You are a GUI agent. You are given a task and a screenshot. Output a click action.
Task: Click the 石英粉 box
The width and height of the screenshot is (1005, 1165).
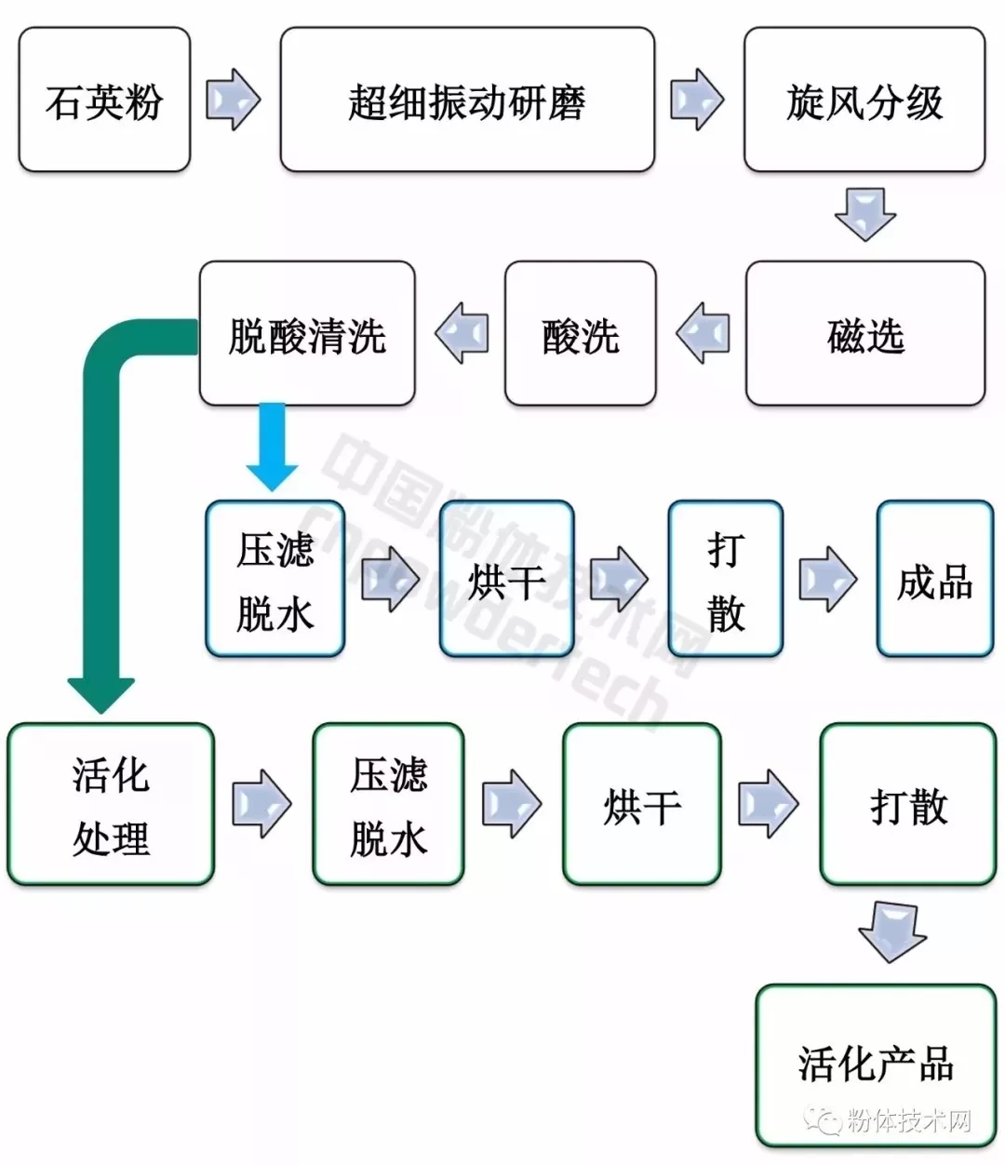coord(104,100)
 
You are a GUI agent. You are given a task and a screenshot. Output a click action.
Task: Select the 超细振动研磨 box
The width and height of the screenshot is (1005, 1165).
coord(467,100)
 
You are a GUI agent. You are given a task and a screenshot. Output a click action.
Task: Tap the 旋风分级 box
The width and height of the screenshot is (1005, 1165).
coord(864,100)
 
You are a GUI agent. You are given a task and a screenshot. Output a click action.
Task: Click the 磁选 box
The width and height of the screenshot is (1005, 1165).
coord(864,334)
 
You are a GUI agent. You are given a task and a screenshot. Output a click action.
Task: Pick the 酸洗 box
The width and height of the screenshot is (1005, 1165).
coord(580,334)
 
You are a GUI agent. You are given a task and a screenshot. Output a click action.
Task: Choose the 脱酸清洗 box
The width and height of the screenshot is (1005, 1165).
coord(307,334)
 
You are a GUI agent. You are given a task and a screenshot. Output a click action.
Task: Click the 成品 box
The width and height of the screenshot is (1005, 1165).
coord(934,579)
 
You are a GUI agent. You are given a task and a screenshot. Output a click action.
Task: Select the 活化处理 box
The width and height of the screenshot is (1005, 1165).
coord(111,804)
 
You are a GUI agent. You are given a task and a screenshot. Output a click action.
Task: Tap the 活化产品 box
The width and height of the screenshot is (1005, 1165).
coord(875,1064)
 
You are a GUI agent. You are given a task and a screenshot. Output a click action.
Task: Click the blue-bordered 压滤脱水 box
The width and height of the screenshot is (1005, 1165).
coord(275,579)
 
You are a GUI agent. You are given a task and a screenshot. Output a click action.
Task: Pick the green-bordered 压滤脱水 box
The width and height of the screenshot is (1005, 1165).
coord(388,804)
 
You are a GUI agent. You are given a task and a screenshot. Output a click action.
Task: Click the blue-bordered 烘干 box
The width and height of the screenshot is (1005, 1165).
coord(506,579)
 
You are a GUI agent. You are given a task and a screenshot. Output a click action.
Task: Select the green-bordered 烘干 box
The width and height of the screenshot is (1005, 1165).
coord(641,804)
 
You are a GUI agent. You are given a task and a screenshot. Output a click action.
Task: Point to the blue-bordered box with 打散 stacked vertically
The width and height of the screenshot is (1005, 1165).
coord(726,579)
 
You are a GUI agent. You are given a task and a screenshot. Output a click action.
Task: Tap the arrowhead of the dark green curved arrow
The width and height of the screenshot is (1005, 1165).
coord(101,693)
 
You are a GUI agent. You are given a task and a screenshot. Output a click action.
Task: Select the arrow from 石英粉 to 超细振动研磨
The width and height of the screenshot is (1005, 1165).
coord(233,100)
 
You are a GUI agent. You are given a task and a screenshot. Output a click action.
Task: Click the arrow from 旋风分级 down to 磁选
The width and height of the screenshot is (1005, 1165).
coord(864,215)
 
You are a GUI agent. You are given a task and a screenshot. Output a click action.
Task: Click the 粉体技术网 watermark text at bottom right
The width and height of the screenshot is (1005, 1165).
coord(907,1119)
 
